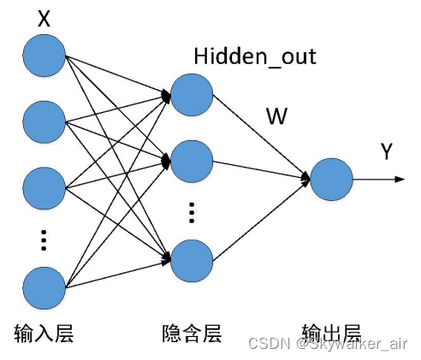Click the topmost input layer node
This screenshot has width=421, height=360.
(44, 54)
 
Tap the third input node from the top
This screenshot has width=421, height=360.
(44, 187)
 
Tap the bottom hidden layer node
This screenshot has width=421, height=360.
(191, 261)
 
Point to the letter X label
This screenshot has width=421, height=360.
(44, 18)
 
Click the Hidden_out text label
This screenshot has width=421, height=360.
(254, 57)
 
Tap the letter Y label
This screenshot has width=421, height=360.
(386, 152)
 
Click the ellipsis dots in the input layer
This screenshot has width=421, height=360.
(44, 239)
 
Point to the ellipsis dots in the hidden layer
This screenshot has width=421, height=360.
(192, 210)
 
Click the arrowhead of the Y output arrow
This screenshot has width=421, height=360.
(398, 180)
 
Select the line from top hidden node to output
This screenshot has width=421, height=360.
(261, 135)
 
